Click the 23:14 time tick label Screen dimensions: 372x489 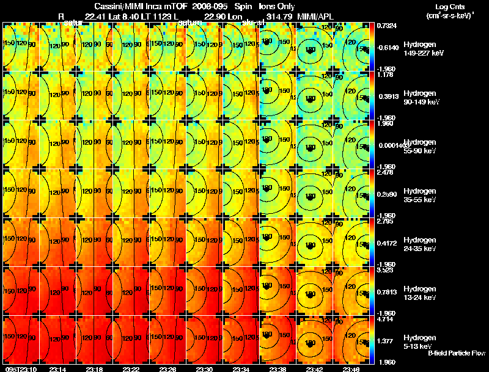pyautogui.click(x=57, y=369)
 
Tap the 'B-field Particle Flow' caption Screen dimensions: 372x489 pyautogui.click(x=457, y=353)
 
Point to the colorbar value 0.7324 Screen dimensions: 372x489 pyautogui.click(x=386, y=26)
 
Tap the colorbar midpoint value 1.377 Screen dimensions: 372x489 pyautogui.click(x=386, y=340)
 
